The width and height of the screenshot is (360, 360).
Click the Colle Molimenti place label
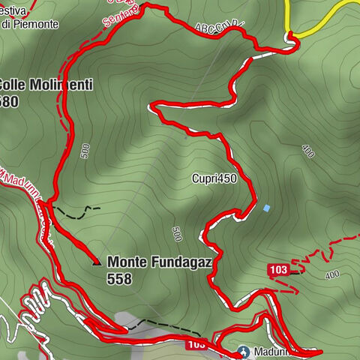click(46, 85)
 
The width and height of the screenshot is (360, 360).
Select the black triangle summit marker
click(95, 262)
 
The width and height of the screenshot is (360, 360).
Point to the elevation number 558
click(119, 279)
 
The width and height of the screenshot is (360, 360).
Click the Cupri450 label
click(213, 178)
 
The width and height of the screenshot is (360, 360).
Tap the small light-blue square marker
click(266, 208)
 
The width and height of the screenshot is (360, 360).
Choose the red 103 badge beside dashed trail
click(278, 269)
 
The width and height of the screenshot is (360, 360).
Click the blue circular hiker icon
click(243, 350)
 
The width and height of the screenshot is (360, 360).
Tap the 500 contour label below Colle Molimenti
click(85, 151)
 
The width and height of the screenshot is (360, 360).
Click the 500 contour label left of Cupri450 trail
click(177, 233)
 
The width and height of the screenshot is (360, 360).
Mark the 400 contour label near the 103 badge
click(332, 275)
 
